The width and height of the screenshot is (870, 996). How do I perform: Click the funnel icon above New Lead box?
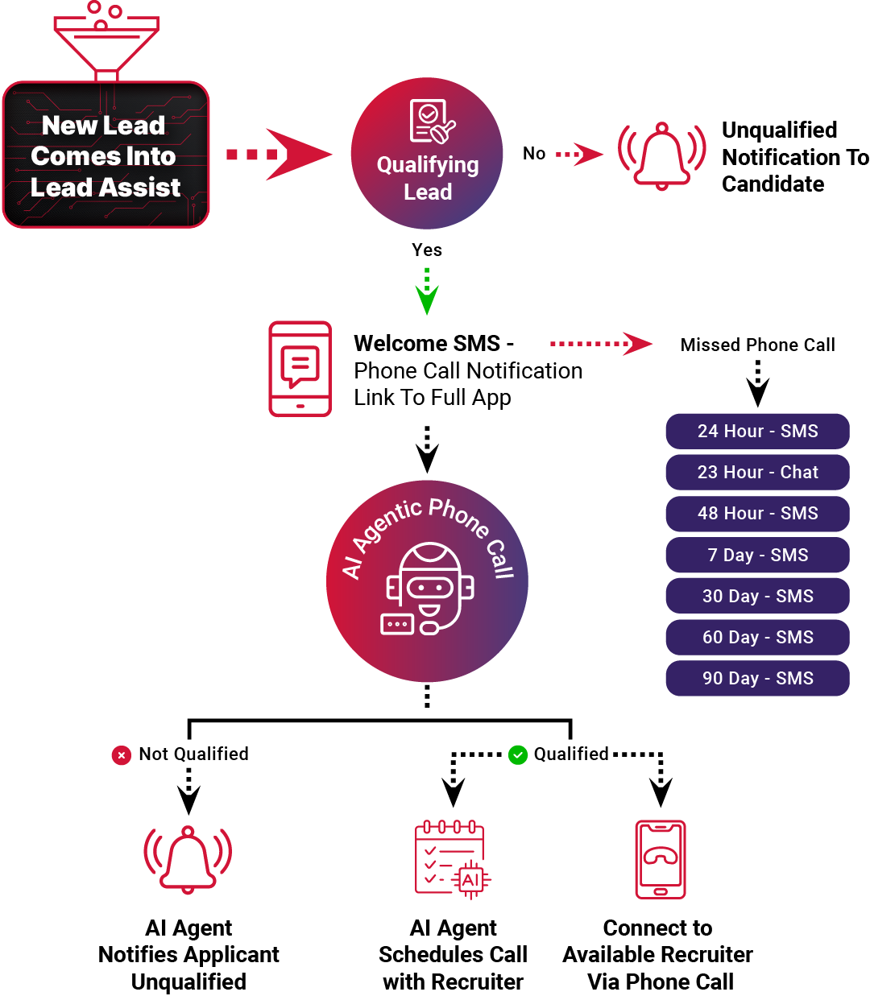click(106, 40)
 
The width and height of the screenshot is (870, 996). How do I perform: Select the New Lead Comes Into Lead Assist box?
click(106, 155)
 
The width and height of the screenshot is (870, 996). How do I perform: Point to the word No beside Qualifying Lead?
click(534, 154)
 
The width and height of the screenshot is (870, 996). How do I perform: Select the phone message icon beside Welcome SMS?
click(300, 369)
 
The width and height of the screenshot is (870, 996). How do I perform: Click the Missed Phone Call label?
click(757, 345)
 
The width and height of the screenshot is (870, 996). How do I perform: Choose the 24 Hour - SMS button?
click(757, 431)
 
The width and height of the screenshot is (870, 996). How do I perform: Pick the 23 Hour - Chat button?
click(757, 472)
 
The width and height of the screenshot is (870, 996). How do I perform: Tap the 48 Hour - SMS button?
click(757, 514)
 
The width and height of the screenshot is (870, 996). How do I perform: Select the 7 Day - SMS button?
click(757, 555)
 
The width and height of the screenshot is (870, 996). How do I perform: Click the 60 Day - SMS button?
click(757, 637)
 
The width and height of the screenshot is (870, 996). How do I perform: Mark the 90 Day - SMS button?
click(757, 678)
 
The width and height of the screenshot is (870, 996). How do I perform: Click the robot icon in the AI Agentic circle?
click(427, 592)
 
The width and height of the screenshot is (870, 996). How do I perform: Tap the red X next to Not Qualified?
click(121, 755)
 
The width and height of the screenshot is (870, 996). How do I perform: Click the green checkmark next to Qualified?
click(518, 754)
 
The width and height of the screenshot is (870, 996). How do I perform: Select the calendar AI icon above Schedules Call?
click(452, 858)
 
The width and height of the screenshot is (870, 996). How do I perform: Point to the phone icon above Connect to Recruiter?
click(660, 858)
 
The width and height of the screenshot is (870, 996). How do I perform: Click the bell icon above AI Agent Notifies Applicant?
click(188, 858)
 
